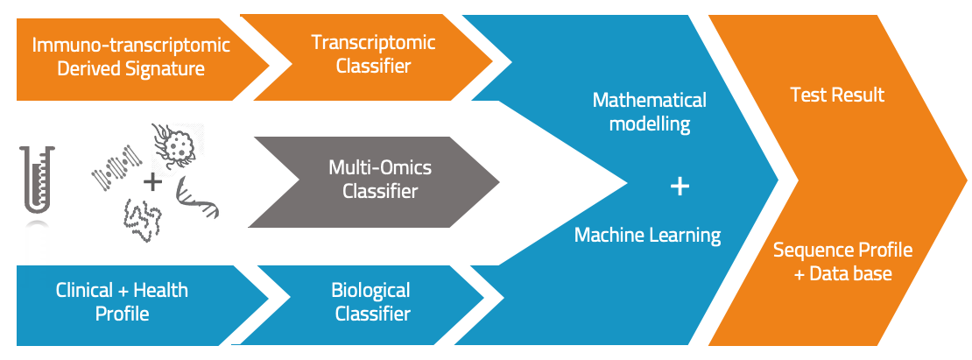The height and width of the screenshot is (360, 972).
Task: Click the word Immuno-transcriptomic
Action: [x=131, y=45]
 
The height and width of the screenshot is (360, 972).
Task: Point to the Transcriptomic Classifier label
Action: [x=373, y=53]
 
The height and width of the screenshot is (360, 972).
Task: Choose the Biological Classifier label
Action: [x=372, y=301]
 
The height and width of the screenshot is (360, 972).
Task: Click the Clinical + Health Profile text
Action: [x=122, y=301]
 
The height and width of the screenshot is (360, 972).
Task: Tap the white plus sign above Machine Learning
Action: [x=680, y=186]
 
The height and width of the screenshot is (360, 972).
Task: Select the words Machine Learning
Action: [x=647, y=235]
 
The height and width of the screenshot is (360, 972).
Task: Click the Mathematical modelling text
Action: [x=649, y=111]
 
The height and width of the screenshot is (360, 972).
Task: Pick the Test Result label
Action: [x=837, y=95]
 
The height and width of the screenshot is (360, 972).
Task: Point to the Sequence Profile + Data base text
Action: [x=842, y=262]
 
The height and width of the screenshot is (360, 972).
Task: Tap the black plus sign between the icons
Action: [x=152, y=182]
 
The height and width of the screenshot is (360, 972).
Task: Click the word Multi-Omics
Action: [x=380, y=167]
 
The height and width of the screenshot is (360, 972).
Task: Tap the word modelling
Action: [x=649, y=124]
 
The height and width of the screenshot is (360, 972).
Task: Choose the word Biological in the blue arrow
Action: [x=370, y=290]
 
